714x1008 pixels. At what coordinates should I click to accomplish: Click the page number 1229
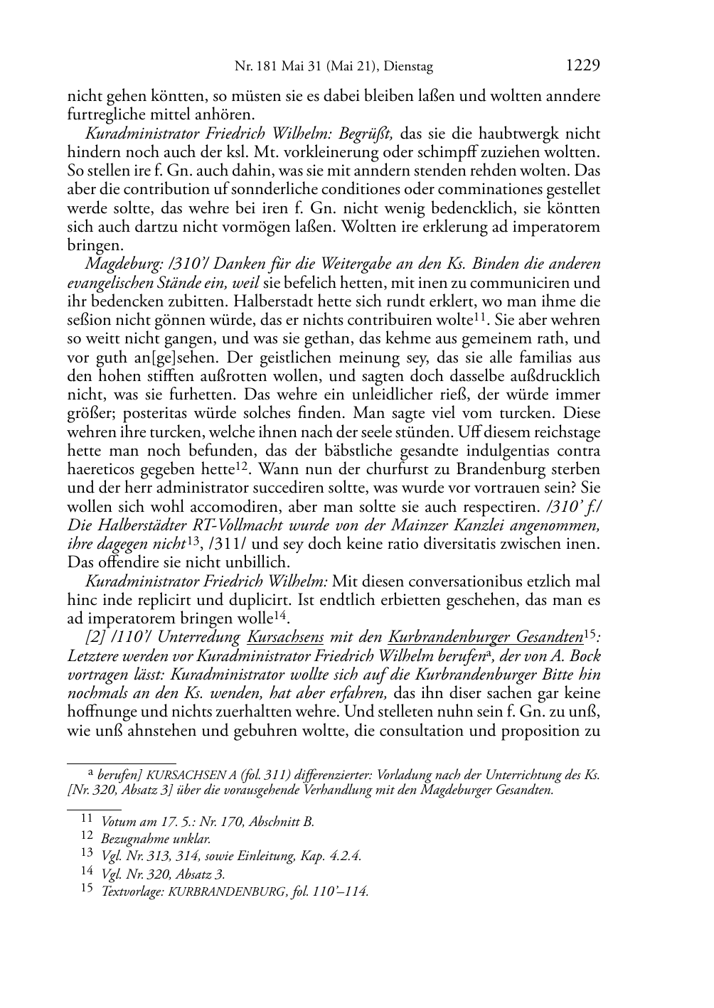tap(582, 66)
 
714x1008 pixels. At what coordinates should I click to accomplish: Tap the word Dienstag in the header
tap(409, 67)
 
